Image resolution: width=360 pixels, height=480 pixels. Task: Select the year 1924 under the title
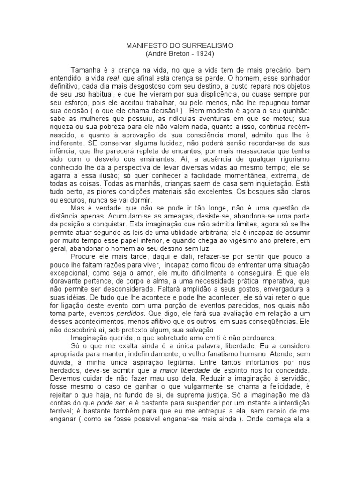coord(204,54)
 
